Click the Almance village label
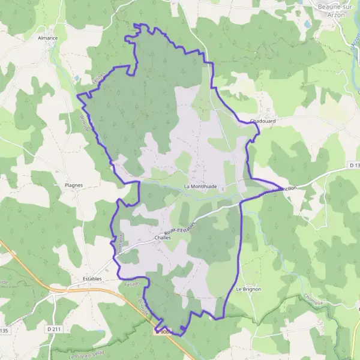pos(48,38)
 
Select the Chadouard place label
pos(262,121)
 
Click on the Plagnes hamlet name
pos(73,185)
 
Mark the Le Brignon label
pos(248,289)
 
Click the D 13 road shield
pos(353,166)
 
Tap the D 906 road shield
pos(164,331)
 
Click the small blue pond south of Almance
pos(76,78)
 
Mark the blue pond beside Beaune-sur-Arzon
pos(307,24)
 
